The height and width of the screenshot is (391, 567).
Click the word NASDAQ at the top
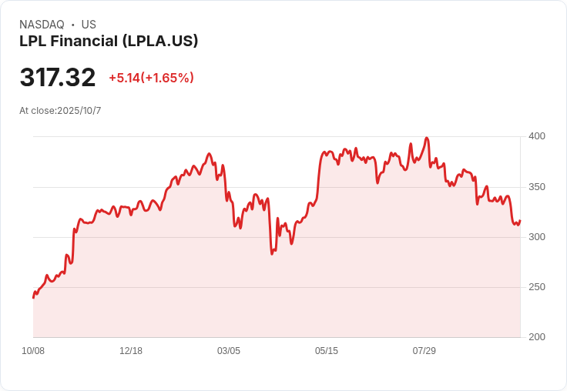tap(42, 25)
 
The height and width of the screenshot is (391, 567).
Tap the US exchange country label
tap(89, 25)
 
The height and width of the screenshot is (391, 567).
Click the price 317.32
tap(58, 78)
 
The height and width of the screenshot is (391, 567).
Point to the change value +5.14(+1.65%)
tap(151, 78)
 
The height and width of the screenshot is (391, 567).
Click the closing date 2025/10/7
tap(77, 111)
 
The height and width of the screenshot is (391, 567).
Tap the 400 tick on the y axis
tap(536, 136)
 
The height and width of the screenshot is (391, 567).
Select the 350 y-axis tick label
tap(536, 187)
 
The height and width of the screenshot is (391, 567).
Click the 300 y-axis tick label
tap(536, 237)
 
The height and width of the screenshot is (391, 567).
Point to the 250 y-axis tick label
tap(536, 287)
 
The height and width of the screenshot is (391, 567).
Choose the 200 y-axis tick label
tap(536, 337)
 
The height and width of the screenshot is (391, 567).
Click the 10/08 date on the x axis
tap(33, 351)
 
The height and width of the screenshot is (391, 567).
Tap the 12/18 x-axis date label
tap(131, 351)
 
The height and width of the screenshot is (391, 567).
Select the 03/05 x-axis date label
tap(229, 351)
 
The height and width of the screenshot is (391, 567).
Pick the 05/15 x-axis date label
tap(327, 351)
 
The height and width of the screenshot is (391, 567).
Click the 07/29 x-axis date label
tap(424, 351)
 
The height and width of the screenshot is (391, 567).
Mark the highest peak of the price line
tap(427, 139)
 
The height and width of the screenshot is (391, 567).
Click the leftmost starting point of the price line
tap(33, 297)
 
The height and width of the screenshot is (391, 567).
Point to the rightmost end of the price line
tap(520, 221)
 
